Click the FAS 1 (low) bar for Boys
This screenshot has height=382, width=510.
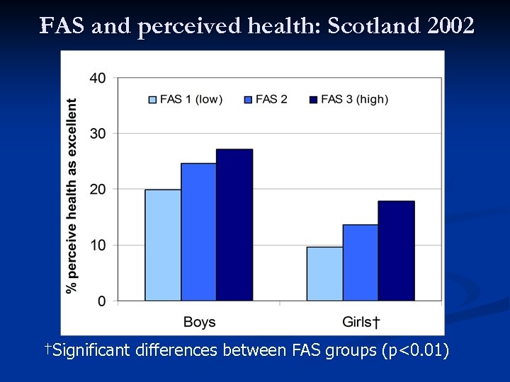pyautogui.click(x=163, y=245)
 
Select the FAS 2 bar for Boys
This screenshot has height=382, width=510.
pyautogui.click(x=199, y=232)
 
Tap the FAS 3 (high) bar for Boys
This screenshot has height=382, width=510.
pyautogui.click(x=234, y=225)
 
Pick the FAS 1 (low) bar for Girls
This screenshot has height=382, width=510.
pyautogui.click(x=324, y=274)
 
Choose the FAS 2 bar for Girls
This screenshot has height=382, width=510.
pyautogui.click(x=361, y=262)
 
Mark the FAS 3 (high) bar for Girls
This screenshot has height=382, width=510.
pyautogui.click(x=396, y=251)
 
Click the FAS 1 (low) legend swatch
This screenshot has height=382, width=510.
pyautogui.click(x=152, y=100)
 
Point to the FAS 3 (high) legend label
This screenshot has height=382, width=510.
pyautogui.click(x=354, y=100)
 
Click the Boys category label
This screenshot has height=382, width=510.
pyautogui.click(x=199, y=323)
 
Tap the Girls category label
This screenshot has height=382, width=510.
pyautogui.click(x=361, y=323)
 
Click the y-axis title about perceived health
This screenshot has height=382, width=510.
pyautogui.click(x=72, y=195)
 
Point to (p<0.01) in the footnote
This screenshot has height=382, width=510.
pyautogui.click(x=415, y=350)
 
